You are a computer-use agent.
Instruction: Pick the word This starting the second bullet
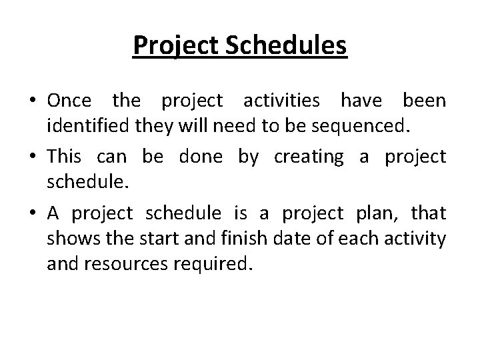coord(65,156)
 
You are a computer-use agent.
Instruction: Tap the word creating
coord(309,156)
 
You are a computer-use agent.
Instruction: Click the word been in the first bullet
coord(424,101)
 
